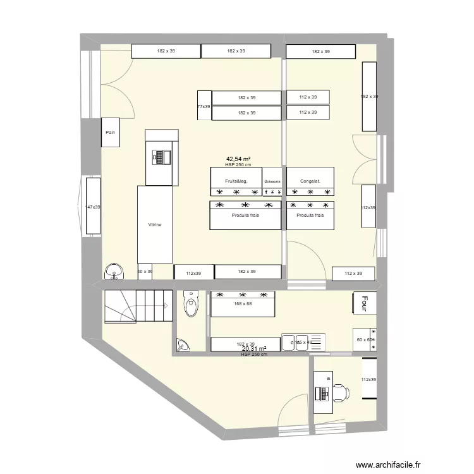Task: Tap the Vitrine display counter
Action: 155,224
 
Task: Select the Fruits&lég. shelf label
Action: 234,181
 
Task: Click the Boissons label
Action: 272,181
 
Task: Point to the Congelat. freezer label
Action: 310,181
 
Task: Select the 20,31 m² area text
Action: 253,348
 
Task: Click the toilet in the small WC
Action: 190,306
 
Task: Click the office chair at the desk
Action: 340,392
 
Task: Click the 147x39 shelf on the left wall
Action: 94,207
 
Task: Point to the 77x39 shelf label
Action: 204,107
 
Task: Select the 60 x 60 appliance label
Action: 365,340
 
